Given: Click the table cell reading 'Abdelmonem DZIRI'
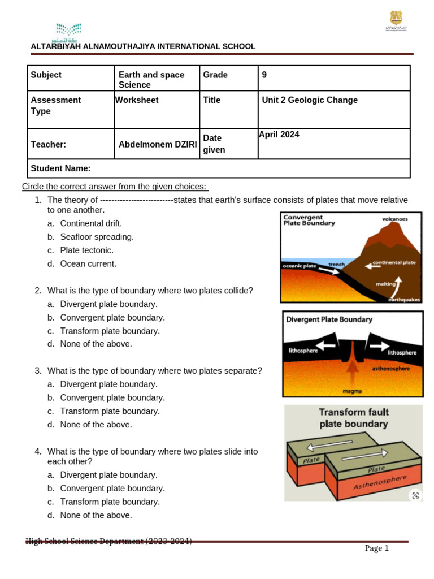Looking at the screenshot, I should click(x=158, y=144).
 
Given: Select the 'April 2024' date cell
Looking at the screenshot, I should click(x=279, y=135).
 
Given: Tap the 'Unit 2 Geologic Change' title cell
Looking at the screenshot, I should click(x=310, y=100).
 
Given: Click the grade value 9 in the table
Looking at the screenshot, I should click(x=264, y=75).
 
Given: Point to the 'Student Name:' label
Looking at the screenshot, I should click(x=60, y=168).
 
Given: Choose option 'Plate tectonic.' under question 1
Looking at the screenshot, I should click(x=87, y=250).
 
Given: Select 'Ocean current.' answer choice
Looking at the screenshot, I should click(x=88, y=263).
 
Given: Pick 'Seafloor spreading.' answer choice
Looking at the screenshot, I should click(x=97, y=237).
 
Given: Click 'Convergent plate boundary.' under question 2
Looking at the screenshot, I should click(x=112, y=318).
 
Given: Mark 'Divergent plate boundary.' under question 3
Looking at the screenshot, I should click(x=108, y=384).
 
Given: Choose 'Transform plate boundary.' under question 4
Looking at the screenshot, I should click(x=110, y=502).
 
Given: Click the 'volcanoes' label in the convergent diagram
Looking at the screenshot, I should click(x=394, y=218).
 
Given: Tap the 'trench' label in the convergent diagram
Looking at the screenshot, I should click(x=336, y=264).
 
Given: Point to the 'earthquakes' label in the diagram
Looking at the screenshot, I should click(x=404, y=300).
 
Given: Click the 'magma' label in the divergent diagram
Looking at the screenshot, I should click(x=352, y=391).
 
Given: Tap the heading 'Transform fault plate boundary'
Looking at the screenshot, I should click(x=354, y=418).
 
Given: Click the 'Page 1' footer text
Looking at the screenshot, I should click(x=376, y=548).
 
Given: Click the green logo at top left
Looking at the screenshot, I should click(x=68, y=32).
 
